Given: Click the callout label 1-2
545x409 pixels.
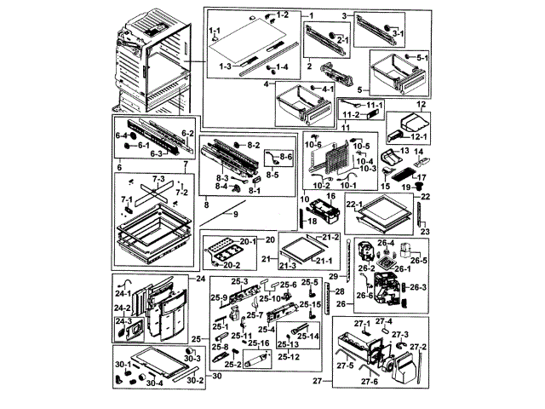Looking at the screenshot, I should (x=283, y=15).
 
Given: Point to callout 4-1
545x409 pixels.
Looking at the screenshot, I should (x=328, y=89).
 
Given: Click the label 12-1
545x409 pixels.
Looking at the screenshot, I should (x=417, y=135).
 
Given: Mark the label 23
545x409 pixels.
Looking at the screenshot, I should (x=426, y=232).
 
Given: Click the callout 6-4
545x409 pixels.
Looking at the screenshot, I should (x=121, y=135).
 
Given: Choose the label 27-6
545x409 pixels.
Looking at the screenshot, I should (x=370, y=381).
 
